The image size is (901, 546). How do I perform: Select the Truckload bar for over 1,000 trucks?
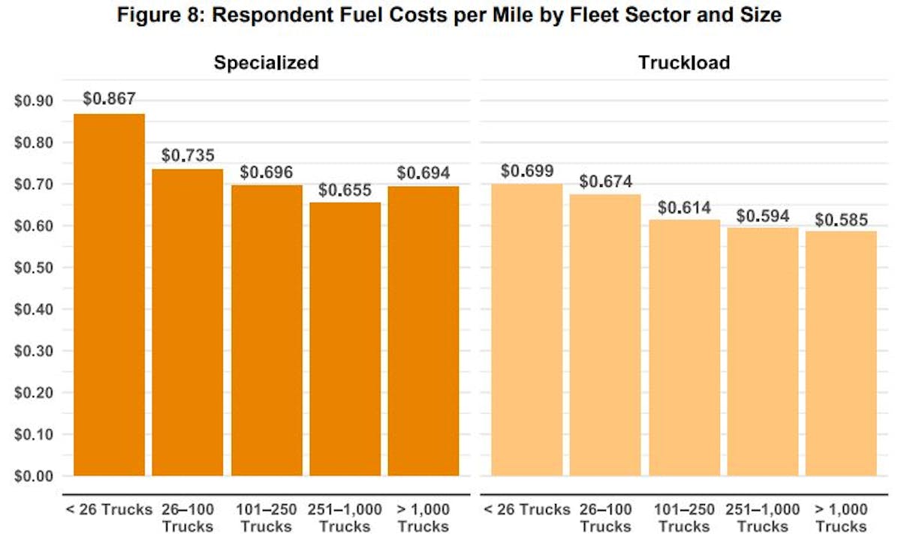[841, 353]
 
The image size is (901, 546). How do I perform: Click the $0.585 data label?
[841, 220]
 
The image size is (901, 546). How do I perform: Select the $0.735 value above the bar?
[188, 155]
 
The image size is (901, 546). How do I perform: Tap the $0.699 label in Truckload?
[526, 171]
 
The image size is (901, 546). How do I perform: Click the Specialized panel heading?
[266, 62]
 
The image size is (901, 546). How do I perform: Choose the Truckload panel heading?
[683, 62]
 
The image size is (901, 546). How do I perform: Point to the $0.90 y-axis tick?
[32, 101]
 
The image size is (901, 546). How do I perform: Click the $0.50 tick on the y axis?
[32, 268]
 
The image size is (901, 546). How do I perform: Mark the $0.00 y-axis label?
[32, 476]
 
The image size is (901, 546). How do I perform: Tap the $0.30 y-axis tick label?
[32, 351]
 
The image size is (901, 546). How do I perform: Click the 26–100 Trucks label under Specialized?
[188, 517]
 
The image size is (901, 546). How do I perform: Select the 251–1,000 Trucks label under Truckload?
[762, 517]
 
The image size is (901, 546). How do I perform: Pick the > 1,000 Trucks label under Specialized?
[423, 517]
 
